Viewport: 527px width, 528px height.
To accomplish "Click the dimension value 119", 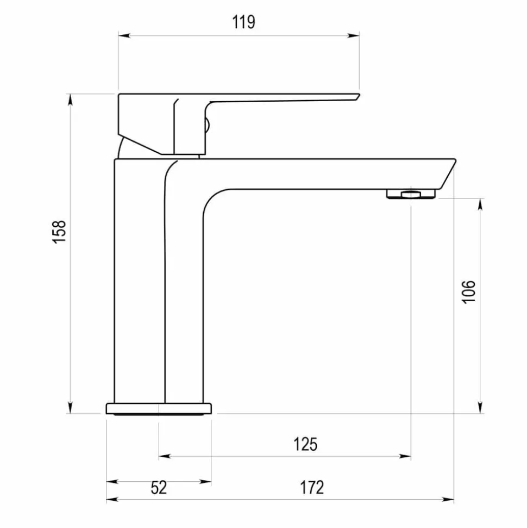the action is point(243,22).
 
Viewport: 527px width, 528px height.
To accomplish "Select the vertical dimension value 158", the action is point(59,232).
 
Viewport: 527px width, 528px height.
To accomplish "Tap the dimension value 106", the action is point(468,292).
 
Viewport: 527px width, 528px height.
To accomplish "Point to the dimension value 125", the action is point(305,444).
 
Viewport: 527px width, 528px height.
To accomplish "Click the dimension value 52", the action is point(159,487).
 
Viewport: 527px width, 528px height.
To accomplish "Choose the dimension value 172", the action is point(312,487).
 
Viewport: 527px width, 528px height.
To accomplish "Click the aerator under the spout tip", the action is point(411,194).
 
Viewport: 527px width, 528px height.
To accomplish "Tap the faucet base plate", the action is point(159,408).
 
